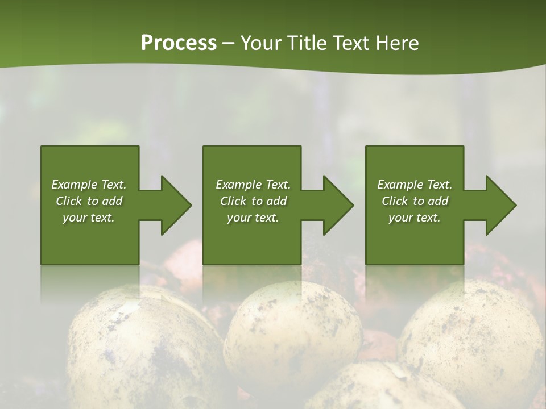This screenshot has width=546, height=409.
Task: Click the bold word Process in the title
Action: point(179,43)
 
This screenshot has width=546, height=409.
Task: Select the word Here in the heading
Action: point(398,43)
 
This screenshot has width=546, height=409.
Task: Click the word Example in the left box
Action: point(74,185)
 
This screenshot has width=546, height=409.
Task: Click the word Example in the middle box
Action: point(238,185)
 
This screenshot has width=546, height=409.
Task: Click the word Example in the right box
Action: point(400,185)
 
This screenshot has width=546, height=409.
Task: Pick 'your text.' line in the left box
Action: point(89,218)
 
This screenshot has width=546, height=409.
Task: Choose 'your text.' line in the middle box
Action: point(253,218)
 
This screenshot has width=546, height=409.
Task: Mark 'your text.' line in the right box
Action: point(415,218)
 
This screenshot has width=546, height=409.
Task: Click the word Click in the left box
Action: point(69,201)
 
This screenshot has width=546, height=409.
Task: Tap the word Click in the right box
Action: point(395,201)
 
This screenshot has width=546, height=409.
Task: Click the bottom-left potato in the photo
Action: point(142,347)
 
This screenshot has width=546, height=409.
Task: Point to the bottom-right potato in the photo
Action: point(472,341)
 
